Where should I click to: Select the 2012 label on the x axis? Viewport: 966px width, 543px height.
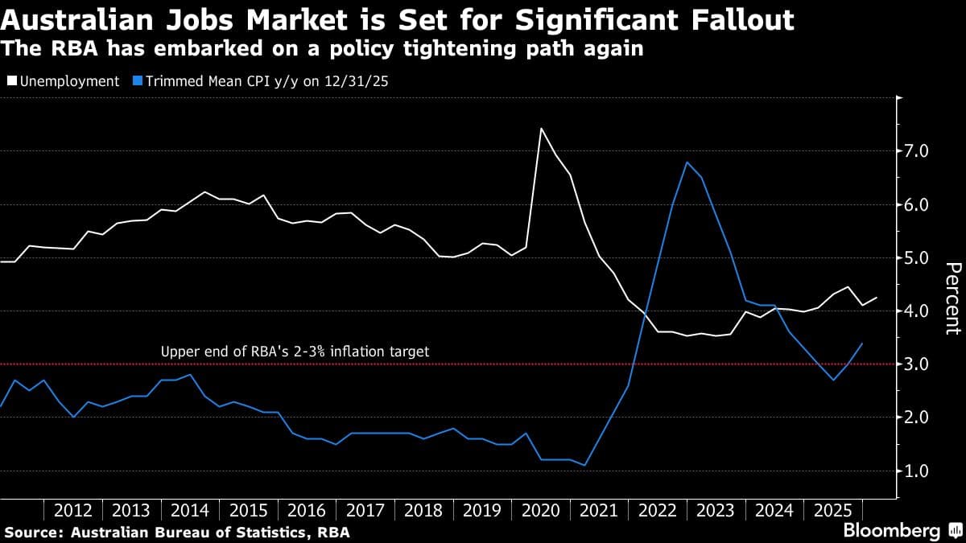73,510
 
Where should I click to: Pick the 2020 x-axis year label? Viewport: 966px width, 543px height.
540,510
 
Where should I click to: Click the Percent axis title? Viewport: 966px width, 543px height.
952,298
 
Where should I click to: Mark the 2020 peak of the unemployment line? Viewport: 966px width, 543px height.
541,129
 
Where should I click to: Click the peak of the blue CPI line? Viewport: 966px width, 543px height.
687,162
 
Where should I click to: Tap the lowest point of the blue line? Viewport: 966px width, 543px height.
584,465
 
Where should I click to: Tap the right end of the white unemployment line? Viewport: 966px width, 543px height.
877,298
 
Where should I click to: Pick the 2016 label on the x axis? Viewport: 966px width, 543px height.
307,510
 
